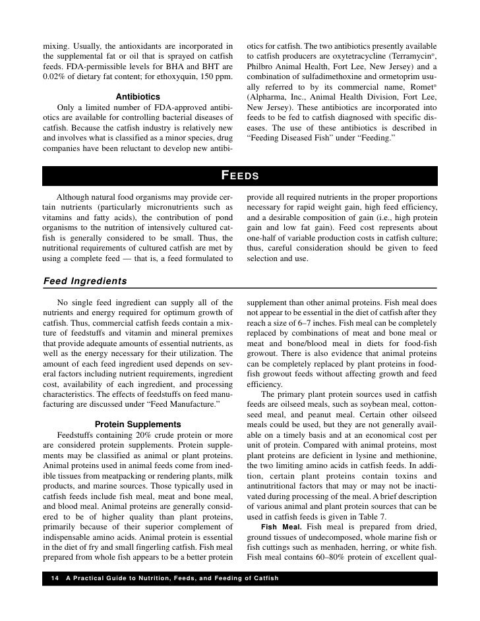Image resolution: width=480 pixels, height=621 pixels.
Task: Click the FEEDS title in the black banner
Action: [239, 175]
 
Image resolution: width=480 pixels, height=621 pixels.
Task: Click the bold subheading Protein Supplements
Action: [138, 424]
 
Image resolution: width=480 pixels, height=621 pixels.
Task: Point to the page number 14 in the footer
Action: [54, 578]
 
